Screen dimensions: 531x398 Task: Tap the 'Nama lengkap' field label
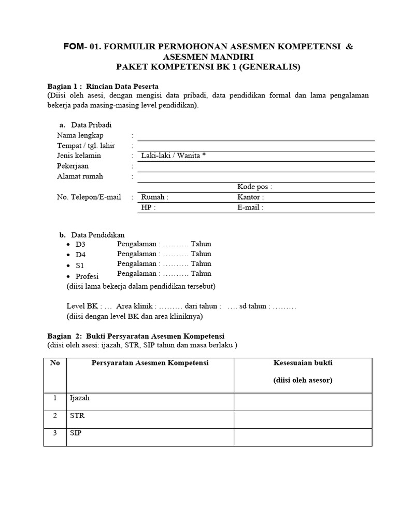[80, 135]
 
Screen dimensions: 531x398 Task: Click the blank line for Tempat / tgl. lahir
[255, 146]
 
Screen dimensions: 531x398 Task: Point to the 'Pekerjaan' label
[73, 166]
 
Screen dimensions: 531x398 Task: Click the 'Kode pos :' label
[254, 187]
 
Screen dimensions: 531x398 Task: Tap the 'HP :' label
[148, 207]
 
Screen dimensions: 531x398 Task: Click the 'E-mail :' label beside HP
[250, 207]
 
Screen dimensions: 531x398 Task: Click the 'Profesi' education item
[87, 276]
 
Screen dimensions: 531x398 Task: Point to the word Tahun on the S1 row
[201, 263]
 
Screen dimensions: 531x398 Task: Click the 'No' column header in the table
[55, 363]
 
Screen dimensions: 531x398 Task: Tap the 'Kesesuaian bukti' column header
[303, 363]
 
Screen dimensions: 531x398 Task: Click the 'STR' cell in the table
[76, 415]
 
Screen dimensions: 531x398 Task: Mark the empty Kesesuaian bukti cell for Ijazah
[303, 401]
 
